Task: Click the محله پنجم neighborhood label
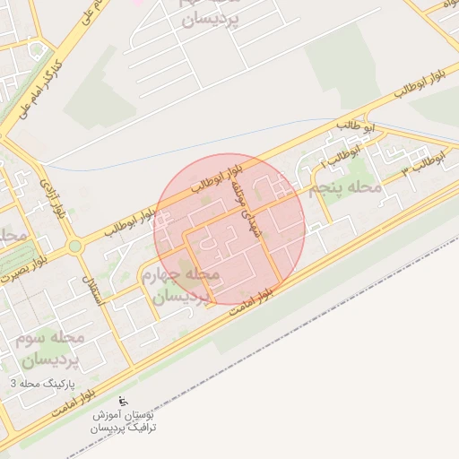click(x=345, y=189)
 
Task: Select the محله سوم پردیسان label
click(x=49, y=350)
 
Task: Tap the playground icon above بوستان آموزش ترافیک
click(x=124, y=401)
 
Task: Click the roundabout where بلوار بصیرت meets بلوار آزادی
click(x=74, y=246)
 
